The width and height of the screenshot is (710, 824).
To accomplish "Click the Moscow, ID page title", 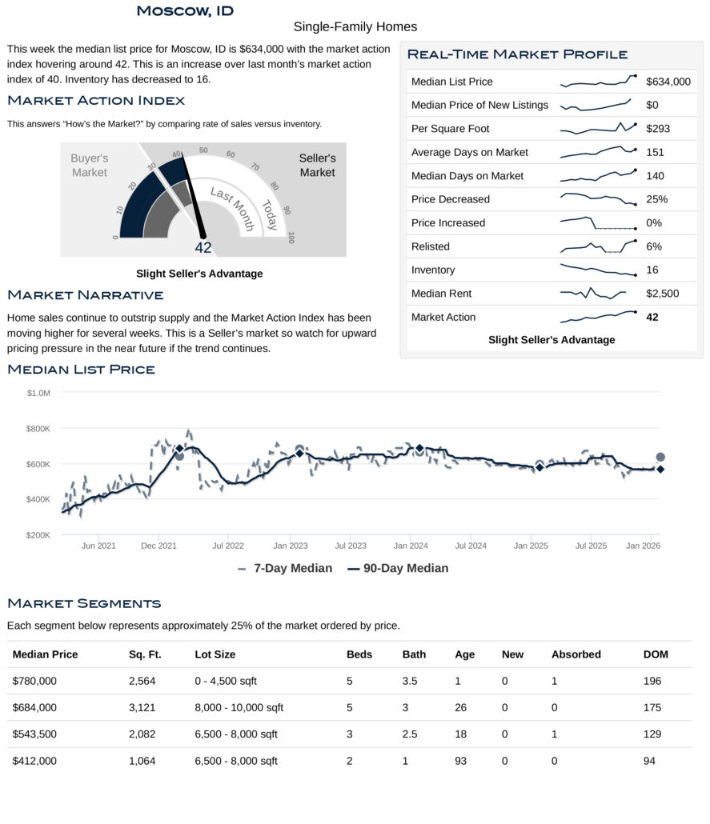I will click(x=185, y=10).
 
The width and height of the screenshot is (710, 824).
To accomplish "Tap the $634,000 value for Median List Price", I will click(x=668, y=82).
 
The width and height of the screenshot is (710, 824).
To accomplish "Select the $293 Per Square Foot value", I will click(x=658, y=129).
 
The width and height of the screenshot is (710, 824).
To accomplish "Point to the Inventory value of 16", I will click(x=652, y=270).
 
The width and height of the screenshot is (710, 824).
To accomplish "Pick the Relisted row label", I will click(x=430, y=246).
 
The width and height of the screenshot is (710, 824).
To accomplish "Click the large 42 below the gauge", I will click(x=203, y=248).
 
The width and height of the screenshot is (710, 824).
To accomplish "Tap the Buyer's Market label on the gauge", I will click(x=89, y=166).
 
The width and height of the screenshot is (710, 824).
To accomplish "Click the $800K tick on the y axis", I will click(x=38, y=429).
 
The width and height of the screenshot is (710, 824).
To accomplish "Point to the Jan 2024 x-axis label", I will click(x=410, y=546).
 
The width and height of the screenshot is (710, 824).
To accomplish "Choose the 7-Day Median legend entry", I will click(x=285, y=568).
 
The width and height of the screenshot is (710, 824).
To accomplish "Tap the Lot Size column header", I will click(x=215, y=654).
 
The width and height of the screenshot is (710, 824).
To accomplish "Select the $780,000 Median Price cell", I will click(x=34, y=681).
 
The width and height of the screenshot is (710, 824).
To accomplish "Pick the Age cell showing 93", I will click(x=460, y=761).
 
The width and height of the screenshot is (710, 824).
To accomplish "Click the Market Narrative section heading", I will click(x=85, y=296).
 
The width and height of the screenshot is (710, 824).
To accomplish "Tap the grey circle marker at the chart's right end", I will click(x=660, y=458).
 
